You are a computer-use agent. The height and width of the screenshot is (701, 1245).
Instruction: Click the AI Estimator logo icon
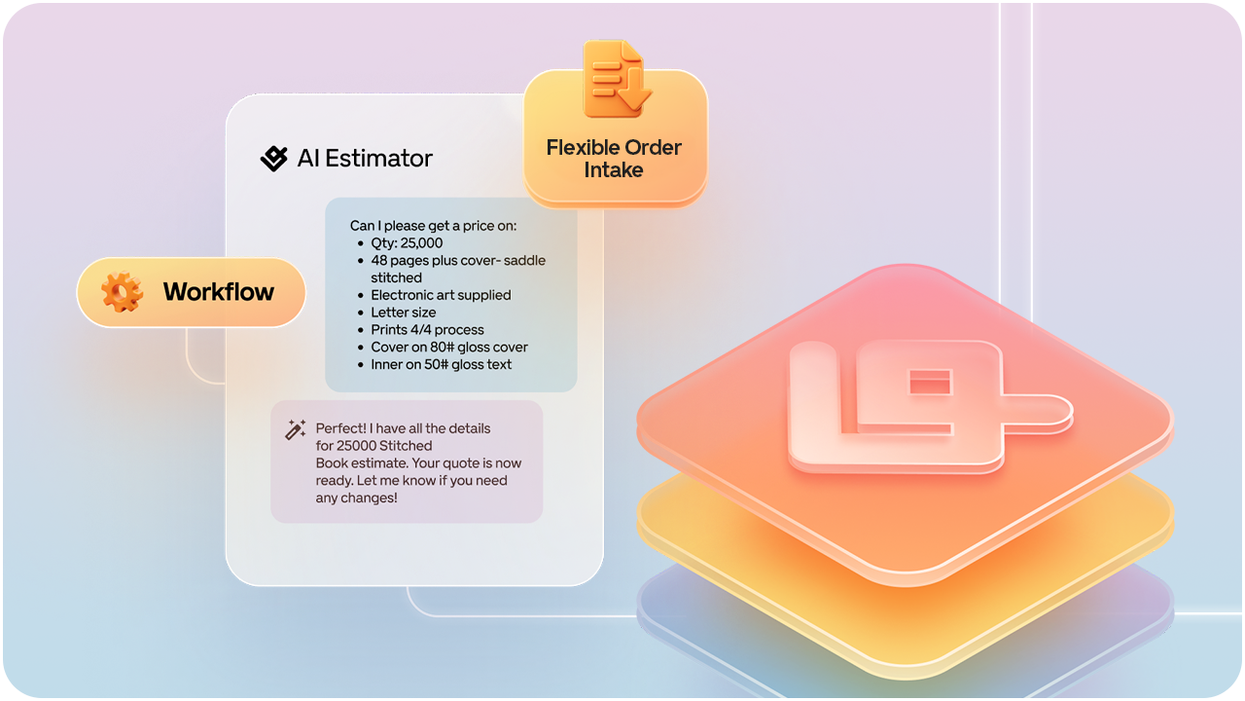[274, 159]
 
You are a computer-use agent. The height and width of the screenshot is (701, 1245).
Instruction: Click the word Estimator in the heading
[379, 159]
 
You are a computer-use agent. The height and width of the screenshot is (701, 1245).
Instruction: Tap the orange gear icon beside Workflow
[123, 291]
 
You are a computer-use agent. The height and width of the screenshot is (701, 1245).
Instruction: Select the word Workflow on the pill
[219, 291]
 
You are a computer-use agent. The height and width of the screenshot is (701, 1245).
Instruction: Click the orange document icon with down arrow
[616, 79]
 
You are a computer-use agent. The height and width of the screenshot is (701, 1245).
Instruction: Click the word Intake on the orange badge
[614, 169]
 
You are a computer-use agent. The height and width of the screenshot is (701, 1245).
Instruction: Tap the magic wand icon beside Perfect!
[295, 429]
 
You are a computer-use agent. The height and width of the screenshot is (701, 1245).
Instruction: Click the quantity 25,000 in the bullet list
[422, 243]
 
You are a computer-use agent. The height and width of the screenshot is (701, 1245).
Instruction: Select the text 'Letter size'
[404, 313]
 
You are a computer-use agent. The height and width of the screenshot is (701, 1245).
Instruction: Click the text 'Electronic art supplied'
[441, 295]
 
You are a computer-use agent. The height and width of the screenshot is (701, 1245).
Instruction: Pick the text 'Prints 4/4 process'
[427, 329]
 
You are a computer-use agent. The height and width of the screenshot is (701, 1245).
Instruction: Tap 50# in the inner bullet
[431, 364]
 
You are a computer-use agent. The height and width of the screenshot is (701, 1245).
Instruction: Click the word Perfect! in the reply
[340, 428]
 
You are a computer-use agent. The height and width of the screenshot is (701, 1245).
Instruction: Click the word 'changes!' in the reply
[371, 498]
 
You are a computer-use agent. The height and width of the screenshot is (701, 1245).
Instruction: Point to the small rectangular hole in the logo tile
[931, 383]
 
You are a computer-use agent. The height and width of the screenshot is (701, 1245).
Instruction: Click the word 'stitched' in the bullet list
[396, 277]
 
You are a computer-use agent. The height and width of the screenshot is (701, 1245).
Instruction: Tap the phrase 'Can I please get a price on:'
[433, 226]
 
